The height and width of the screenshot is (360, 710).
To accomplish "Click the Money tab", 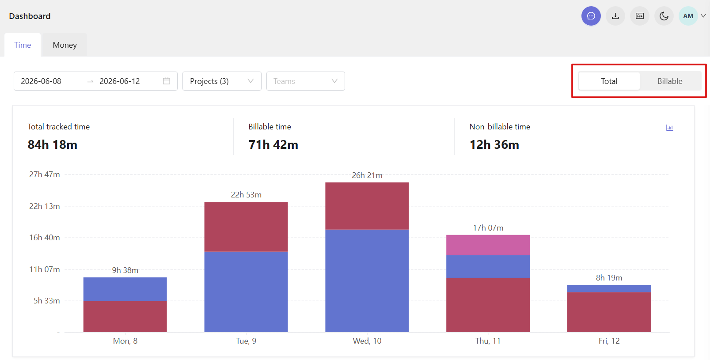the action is click(x=65, y=45).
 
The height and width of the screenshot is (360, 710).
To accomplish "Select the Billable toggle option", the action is click(x=670, y=81).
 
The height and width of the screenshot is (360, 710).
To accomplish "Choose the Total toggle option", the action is click(x=609, y=81).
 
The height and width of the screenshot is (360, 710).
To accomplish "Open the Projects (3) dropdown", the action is click(x=222, y=81).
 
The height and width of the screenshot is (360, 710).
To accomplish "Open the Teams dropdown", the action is click(x=306, y=81).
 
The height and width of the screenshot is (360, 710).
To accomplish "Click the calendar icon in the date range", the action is click(x=167, y=81).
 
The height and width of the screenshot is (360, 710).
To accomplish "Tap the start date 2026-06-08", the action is click(x=41, y=81).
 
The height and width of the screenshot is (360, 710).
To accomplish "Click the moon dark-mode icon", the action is click(x=664, y=16).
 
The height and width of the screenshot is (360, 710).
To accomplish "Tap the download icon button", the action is click(x=615, y=16).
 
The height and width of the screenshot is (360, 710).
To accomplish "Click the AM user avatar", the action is click(x=688, y=16).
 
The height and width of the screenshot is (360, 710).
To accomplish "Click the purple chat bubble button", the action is click(x=591, y=16).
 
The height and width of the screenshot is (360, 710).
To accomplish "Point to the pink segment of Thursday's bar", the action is click(x=488, y=245).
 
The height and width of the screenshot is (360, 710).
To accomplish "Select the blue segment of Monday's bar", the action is click(x=125, y=289).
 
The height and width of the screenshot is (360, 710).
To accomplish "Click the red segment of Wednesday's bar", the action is click(x=367, y=206).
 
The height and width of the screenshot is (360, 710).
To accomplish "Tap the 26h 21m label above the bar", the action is click(x=367, y=175).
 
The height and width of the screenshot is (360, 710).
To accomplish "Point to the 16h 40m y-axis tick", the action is click(x=44, y=238).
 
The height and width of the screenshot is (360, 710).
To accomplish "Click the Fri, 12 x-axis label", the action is click(x=609, y=341).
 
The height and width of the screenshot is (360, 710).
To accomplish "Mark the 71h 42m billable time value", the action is click(x=273, y=145).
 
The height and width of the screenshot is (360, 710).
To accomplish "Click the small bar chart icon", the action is click(x=669, y=128).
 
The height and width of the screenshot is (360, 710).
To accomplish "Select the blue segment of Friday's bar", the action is click(x=609, y=288).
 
